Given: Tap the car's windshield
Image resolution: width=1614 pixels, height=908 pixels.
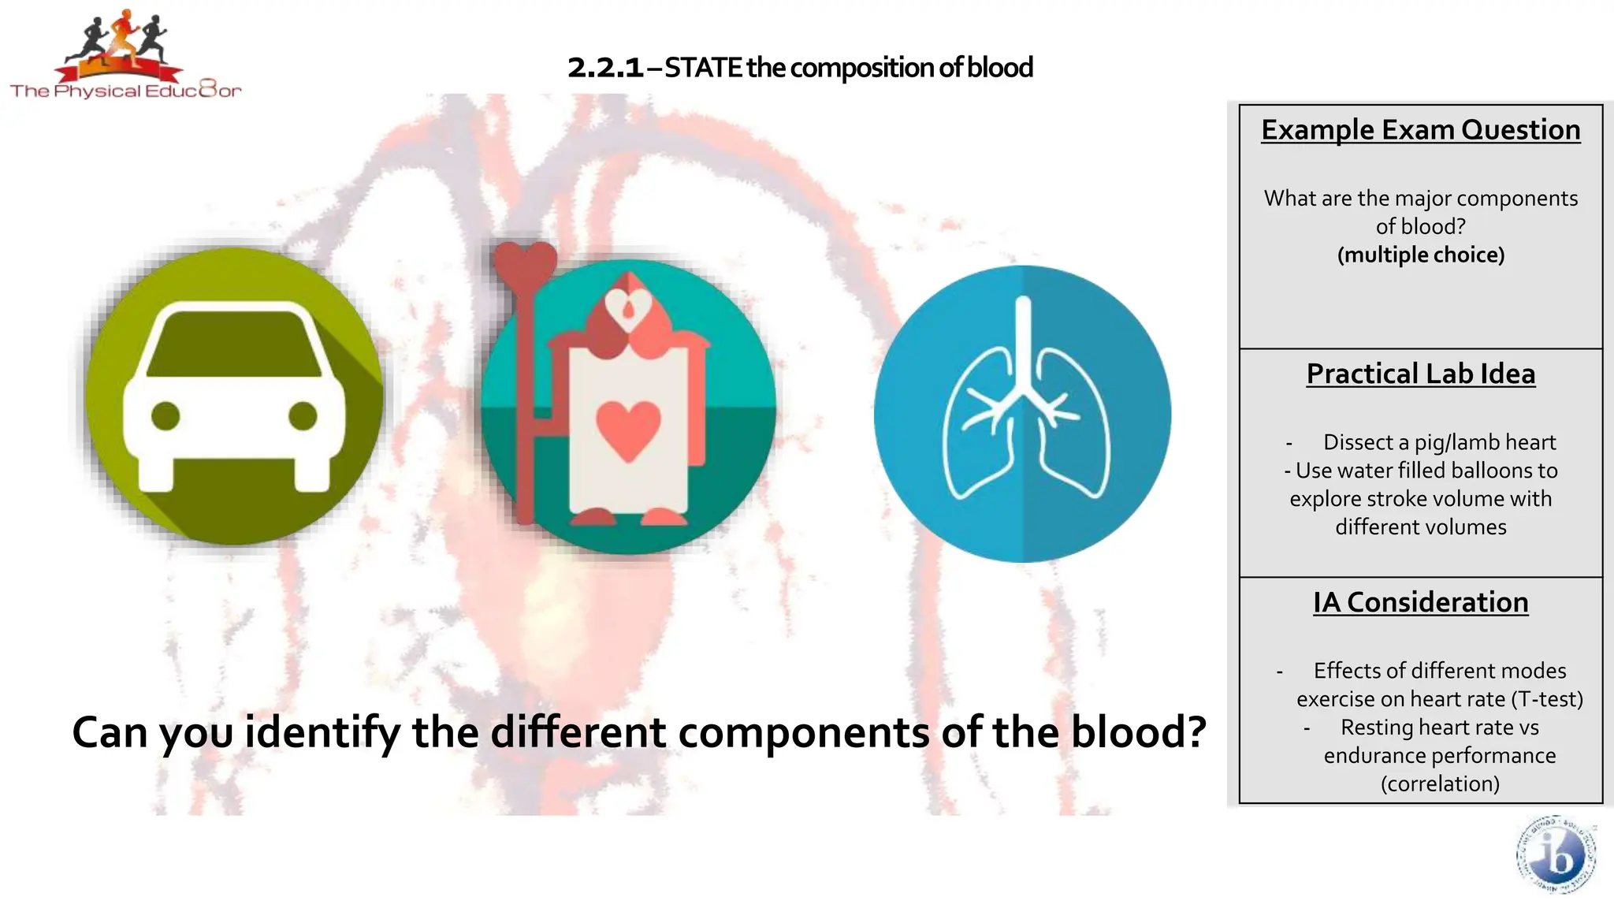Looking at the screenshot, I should [x=234, y=344].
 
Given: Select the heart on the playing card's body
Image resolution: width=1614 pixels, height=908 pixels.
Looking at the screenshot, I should [x=628, y=430].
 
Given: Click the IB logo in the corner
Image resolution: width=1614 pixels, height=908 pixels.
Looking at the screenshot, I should [x=1556, y=855].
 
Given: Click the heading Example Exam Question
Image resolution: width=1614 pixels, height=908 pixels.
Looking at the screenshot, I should [x=1420, y=130].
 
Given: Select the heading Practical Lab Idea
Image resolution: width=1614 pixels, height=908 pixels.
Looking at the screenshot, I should [x=1420, y=374].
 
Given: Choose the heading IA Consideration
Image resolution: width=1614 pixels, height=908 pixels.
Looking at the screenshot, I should [x=1420, y=602].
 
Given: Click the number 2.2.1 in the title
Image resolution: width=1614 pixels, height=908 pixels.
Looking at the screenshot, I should [x=605, y=68].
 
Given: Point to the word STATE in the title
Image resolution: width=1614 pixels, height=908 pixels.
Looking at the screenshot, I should [x=703, y=68].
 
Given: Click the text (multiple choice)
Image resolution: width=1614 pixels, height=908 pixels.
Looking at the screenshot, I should [x=1420, y=255].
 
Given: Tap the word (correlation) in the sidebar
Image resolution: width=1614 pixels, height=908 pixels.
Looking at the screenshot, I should [x=1440, y=783].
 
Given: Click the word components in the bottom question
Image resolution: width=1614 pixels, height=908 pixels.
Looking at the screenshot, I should [x=804, y=732].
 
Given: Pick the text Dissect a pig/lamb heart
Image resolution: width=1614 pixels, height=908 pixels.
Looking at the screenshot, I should [x=1439, y=442].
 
